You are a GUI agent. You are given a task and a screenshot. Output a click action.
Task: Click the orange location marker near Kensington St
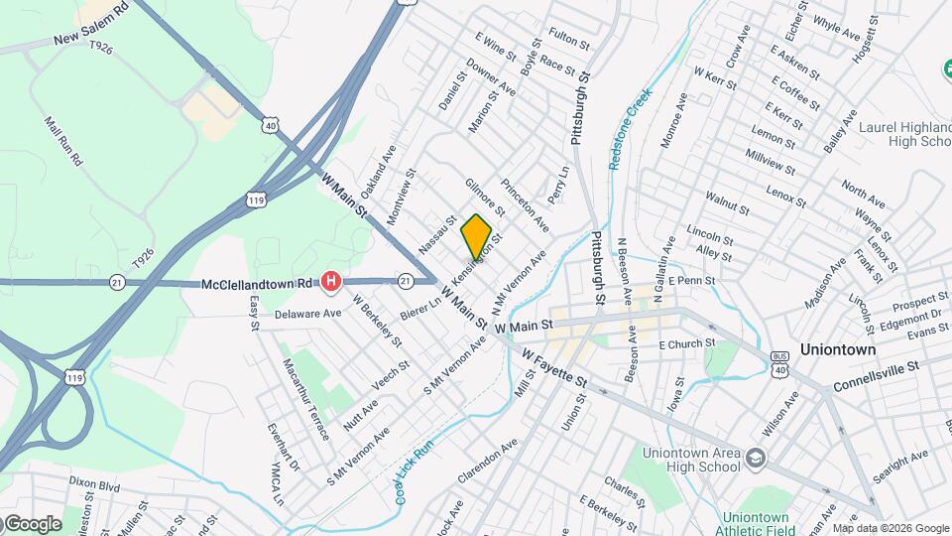coord(476,236)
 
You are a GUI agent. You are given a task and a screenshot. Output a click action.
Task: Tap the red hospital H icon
coord(331,284)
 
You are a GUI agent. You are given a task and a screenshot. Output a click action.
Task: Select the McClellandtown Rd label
coord(257,284)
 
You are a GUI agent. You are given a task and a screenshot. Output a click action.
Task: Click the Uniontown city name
coord(838,350)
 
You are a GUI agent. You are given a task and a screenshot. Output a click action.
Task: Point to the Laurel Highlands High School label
coord(904,134)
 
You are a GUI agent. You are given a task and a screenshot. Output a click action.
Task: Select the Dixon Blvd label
coord(94,486)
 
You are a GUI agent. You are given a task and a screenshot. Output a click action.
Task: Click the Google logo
coord(32,523)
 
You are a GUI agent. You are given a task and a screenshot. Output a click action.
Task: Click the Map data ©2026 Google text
coord(890,528)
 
